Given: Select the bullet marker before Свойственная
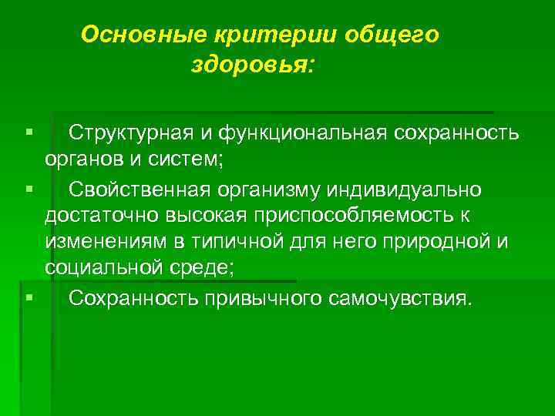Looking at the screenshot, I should tap(28, 188).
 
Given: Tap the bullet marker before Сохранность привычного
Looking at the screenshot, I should tap(28, 297).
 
